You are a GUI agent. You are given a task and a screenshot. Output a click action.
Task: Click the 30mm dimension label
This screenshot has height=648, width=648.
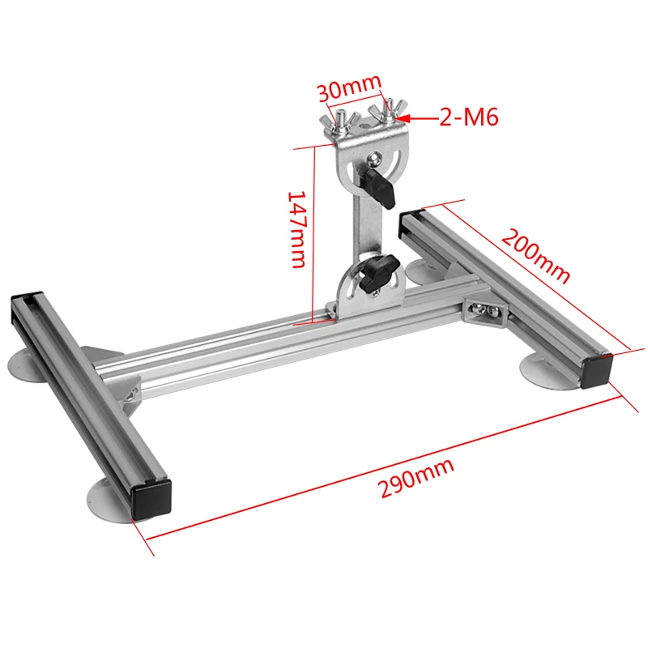click(x=349, y=87)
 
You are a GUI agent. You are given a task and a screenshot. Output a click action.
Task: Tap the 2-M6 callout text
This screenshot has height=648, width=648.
click(x=469, y=117)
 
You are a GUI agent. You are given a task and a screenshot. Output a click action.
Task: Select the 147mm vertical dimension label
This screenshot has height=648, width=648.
click(x=296, y=229)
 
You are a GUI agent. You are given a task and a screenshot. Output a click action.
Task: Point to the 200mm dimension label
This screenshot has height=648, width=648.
click(x=536, y=256)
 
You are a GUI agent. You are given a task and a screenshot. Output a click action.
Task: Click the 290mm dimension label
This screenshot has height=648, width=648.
click(x=416, y=478)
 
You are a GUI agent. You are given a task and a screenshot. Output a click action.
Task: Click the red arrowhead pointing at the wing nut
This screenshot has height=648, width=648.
click(x=403, y=118)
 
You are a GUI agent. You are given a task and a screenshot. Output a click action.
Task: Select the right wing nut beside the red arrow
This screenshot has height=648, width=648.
click(x=388, y=111)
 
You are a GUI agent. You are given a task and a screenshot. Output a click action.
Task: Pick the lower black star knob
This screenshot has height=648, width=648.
click(x=378, y=272)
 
